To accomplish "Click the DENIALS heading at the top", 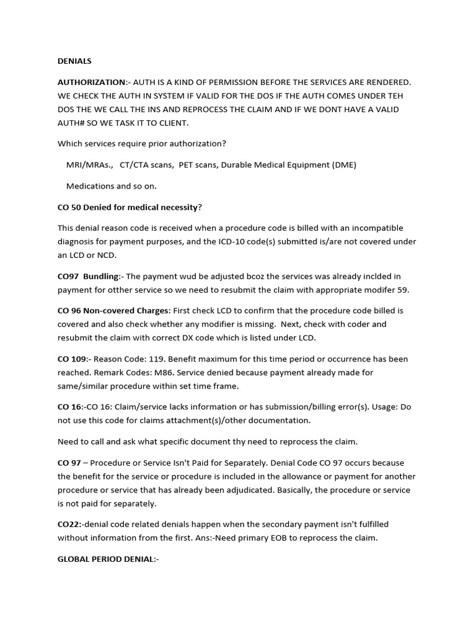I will pyautogui.click(x=74, y=61).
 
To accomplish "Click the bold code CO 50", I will pyautogui.click(x=69, y=207).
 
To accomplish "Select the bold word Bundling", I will pyautogui.click(x=102, y=277).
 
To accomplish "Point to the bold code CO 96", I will pyautogui.click(x=69, y=311).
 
